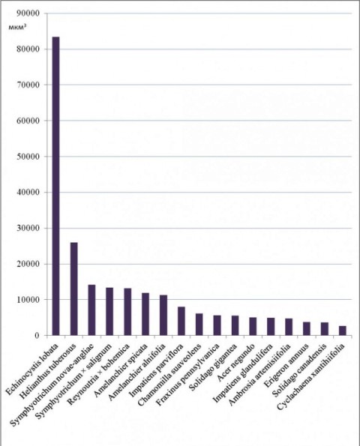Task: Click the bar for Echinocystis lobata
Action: tap(55, 186)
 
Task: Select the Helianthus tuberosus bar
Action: tap(73, 289)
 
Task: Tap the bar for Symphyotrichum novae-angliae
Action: tap(91, 310)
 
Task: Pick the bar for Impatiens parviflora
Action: tap(181, 321)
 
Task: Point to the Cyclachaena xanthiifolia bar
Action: tap(342, 331)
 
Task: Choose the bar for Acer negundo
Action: tap(253, 327)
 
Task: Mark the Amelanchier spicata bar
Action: tap(145, 314)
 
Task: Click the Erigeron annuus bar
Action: tap(307, 329)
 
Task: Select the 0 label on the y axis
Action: tap(37, 336)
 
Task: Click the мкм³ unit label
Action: tap(18, 27)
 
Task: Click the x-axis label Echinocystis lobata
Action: tap(33, 370)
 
